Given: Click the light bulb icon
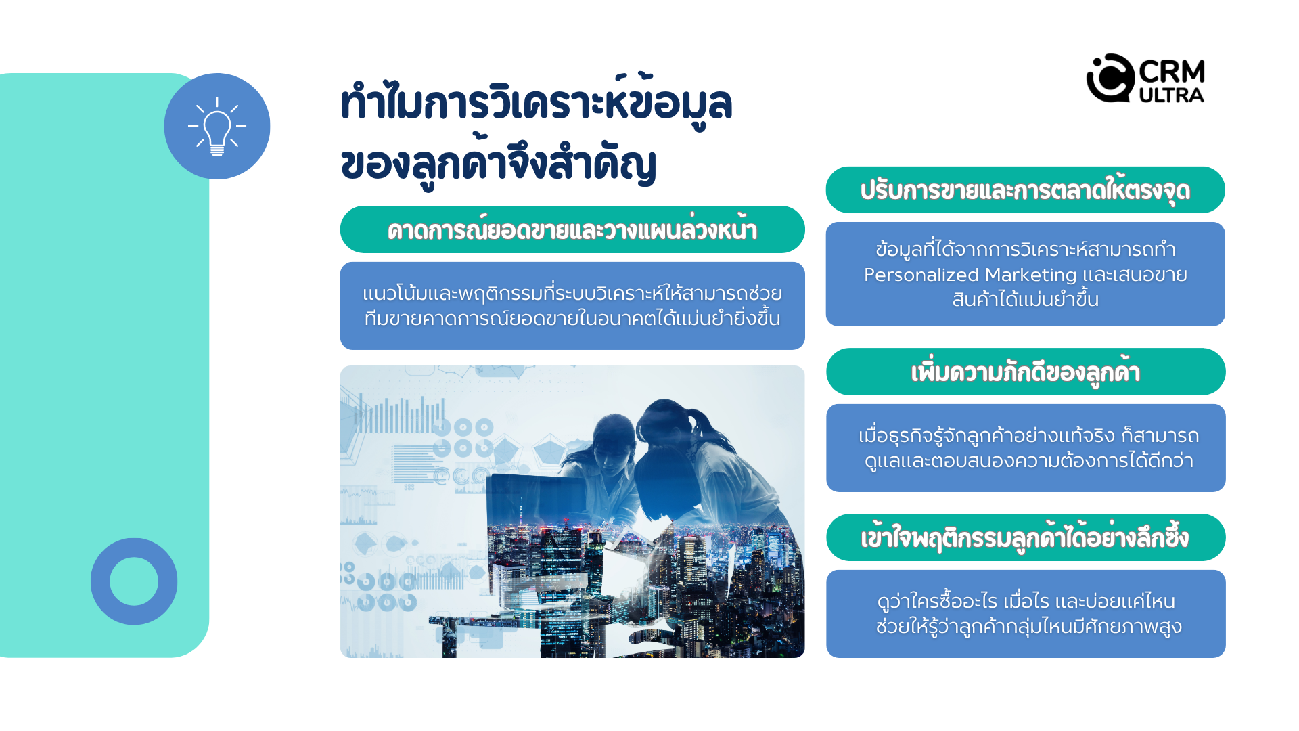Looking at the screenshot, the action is coord(217,127).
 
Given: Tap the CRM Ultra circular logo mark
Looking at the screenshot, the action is coord(1110,78).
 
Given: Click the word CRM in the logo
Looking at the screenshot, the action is coord(1172,71).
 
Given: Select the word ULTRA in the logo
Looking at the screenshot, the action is coord(1172,95).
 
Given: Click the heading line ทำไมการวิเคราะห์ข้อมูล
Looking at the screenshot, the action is coord(537,103).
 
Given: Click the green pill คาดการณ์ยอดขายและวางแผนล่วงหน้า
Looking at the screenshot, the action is coord(572,229).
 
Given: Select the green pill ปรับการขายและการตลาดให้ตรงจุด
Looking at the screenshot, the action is coord(1025,190).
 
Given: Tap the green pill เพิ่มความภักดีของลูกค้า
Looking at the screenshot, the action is coord(1026,372).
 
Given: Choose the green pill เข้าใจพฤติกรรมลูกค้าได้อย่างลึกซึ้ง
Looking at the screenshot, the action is coord(1026,538).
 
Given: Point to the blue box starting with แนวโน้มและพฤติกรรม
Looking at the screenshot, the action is coord(572,306).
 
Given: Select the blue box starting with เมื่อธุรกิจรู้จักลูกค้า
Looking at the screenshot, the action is coord(1026,448).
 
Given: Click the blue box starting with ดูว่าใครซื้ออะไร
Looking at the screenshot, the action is coord(1026,614).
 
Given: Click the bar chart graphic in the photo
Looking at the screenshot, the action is coord(399,414).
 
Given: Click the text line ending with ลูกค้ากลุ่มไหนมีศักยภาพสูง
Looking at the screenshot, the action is coord(1028,626).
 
